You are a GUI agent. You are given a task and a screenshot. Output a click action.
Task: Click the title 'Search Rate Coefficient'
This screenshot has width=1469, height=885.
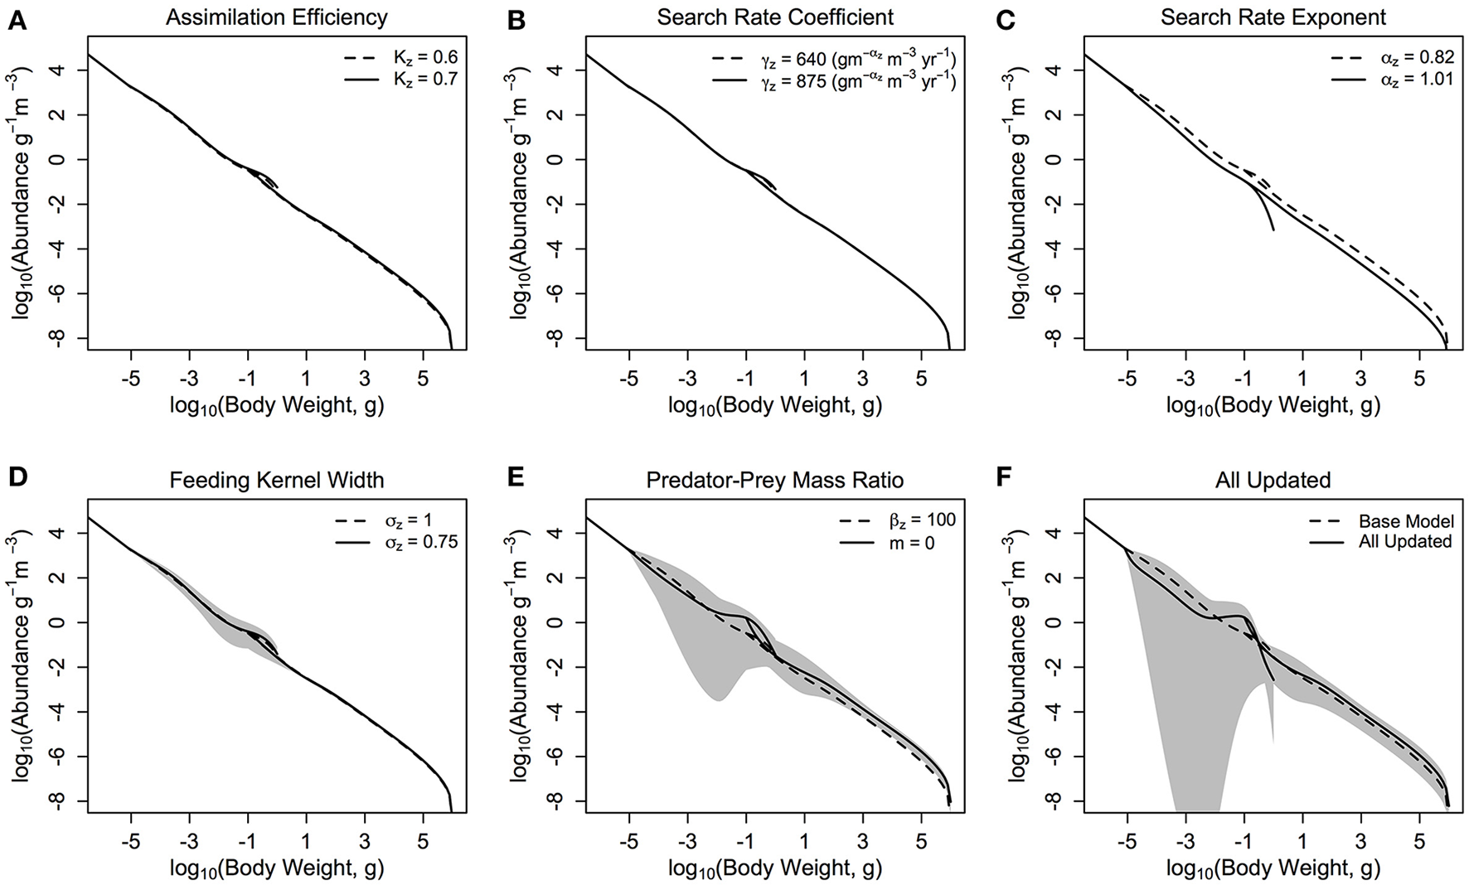coord(775,17)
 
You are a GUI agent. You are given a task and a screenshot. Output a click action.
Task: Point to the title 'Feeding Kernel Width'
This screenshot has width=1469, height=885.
coord(277,481)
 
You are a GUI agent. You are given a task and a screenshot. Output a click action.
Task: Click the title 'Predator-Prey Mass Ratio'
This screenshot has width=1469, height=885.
coord(775,481)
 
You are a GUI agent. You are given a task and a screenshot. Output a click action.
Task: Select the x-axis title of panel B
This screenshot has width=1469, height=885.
coord(775,405)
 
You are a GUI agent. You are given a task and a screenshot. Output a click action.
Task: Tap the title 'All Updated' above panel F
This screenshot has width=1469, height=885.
coord(1273,481)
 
